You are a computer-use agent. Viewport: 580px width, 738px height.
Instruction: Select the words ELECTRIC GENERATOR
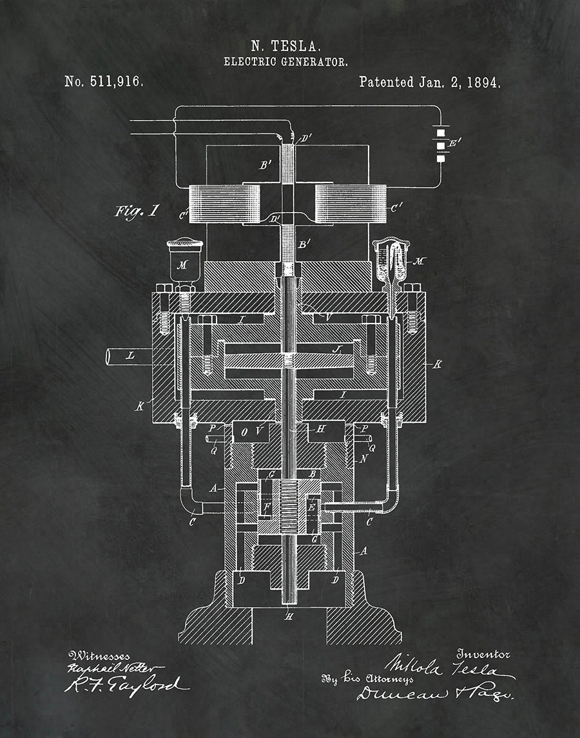tap(285, 62)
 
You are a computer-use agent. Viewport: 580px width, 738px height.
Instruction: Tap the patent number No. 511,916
tap(104, 82)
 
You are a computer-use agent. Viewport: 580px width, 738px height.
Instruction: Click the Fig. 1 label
tap(136, 211)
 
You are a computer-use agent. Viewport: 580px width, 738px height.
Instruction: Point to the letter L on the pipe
tap(131, 354)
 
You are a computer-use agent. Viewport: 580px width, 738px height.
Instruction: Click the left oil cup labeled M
tap(184, 258)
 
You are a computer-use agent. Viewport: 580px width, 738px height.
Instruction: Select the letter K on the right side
tap(438, 365)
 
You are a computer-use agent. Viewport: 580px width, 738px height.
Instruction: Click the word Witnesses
tap(99, 656)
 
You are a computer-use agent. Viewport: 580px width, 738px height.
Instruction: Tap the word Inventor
tap(483, 654)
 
